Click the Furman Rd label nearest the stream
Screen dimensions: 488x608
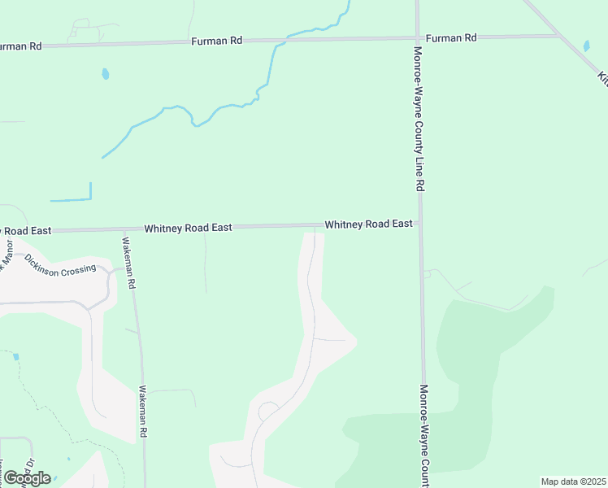click(217, 41)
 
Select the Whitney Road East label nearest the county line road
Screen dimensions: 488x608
click(368, 224)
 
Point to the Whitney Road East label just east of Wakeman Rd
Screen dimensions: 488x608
click(189, 229)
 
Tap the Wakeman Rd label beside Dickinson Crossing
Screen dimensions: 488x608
click(128, 264)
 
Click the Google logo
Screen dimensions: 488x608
click(27, 477)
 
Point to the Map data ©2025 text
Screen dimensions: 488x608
click(573, 481)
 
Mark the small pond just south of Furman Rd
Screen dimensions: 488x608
click(105, 74)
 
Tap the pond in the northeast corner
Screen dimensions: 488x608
click(587, 46)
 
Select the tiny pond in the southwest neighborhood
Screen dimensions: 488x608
click(15, 356)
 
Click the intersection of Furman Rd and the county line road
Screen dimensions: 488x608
click(418, 37)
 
